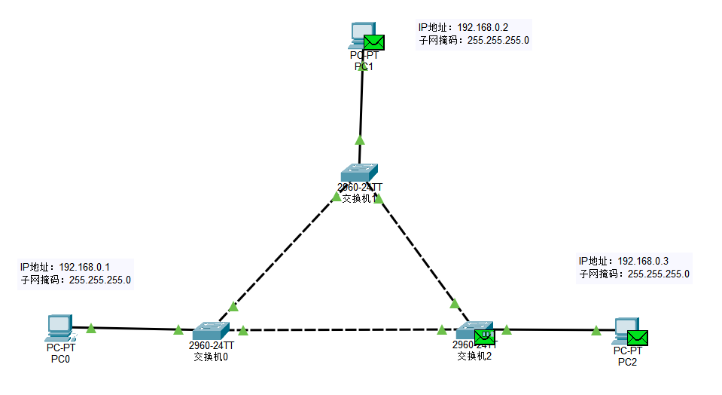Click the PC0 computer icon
(59, 327)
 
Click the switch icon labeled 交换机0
(210, 330)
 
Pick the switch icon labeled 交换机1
(358, 172)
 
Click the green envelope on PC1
(374, 42)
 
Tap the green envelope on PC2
(638, 338)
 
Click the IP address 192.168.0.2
(489, 27)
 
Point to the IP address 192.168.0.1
(84, 267)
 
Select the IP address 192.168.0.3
(643, 261)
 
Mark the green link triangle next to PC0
(91, 328)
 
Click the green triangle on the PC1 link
(360, 139)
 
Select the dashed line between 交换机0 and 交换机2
(339, 329)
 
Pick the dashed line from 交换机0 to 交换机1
(282, 253)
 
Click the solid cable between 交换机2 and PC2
(550, 329)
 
